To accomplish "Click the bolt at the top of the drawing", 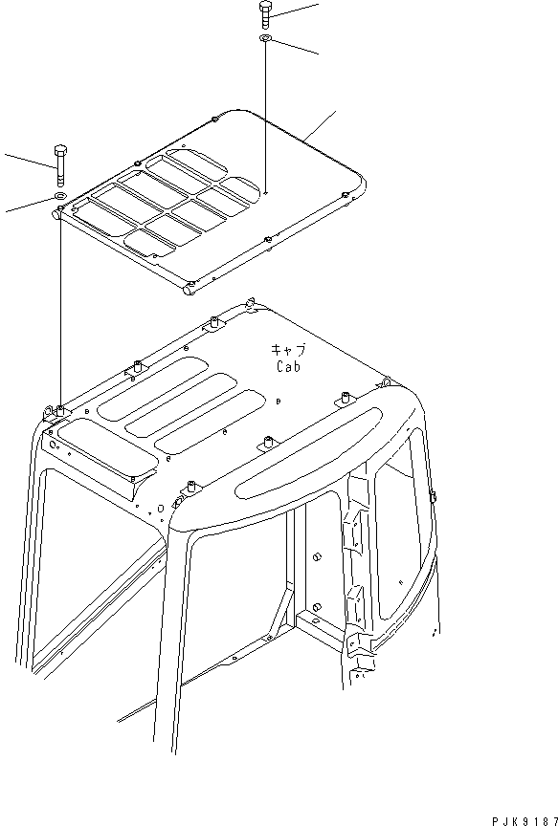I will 265,15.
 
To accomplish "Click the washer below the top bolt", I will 264,39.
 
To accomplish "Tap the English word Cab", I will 290,366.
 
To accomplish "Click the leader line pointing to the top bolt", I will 297,10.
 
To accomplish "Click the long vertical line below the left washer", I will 59,306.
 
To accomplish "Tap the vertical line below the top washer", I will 264,115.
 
